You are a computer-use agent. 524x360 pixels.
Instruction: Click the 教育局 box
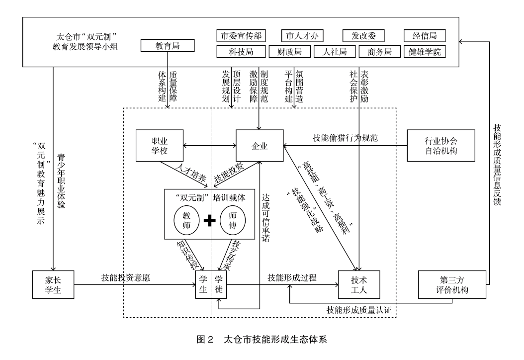click(168, 46)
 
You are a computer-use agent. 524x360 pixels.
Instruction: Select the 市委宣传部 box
click(241, 36)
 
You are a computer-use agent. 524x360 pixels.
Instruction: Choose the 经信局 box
click(424, 36)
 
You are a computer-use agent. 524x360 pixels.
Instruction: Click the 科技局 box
click(241, 52)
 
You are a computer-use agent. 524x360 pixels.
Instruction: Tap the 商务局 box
click(380, 52)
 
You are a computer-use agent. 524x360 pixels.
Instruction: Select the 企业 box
click(260, 146)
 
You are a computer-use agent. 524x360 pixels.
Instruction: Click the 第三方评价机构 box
click(451, 284)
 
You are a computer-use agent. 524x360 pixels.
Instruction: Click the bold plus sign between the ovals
click(210, 219)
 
